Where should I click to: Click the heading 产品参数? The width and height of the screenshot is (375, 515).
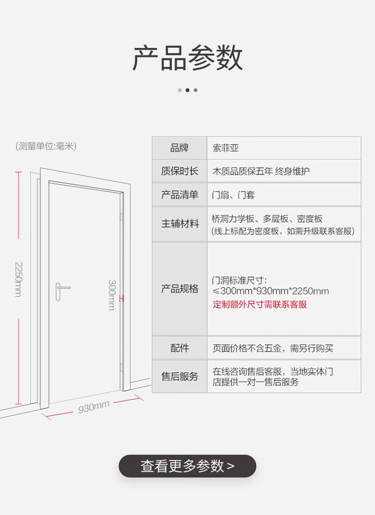pos(187,59)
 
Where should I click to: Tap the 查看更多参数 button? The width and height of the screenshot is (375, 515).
pos(187,466)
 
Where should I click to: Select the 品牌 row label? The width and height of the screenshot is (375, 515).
pos(179,148)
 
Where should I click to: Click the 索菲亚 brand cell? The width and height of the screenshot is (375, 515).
pos(225,148)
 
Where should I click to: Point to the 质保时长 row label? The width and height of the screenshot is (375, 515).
pos(179,171)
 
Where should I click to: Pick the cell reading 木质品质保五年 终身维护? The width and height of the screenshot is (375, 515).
pos(261,171)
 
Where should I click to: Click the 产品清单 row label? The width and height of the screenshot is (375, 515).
pos(179,195)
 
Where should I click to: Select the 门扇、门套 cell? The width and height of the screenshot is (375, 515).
pos(234,195)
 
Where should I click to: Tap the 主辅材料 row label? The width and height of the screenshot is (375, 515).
pos(179,223)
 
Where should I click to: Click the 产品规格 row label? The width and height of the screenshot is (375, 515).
pos(179,289)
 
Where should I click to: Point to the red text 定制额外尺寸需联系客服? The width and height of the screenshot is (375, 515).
pos(260,304)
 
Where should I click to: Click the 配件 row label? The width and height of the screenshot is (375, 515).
pos(179,348)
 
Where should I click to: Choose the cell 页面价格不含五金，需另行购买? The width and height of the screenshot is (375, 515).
pos(272,348)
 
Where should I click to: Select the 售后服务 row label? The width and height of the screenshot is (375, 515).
pos(179,376)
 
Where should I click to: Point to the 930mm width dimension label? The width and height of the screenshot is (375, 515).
pos(94,407)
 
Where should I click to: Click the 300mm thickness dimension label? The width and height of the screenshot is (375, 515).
pos(112,295)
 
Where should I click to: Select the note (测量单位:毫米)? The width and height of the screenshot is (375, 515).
pos(46,146)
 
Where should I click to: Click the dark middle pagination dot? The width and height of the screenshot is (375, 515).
pos(187,90)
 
